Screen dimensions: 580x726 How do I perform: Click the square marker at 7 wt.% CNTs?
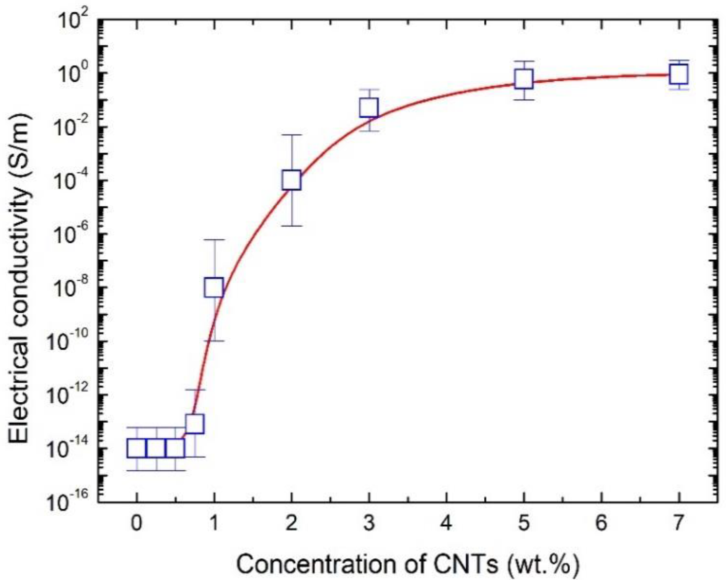[x=678, y=74]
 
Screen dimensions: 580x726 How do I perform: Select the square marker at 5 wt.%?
[x=524, y=78]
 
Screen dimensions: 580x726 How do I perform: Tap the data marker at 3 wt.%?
[x=369, y=107]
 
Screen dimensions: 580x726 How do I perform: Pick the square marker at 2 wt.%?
[x=292, y=180]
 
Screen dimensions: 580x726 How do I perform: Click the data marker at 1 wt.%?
[x=214, y=287]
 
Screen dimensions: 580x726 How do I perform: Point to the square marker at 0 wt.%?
[x=136, y=448]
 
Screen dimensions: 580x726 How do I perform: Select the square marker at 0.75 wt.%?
[x=195, y=423]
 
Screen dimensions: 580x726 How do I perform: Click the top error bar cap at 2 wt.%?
[x=292, y=135]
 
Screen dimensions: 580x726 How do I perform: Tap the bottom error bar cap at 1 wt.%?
[x=214, y=341]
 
